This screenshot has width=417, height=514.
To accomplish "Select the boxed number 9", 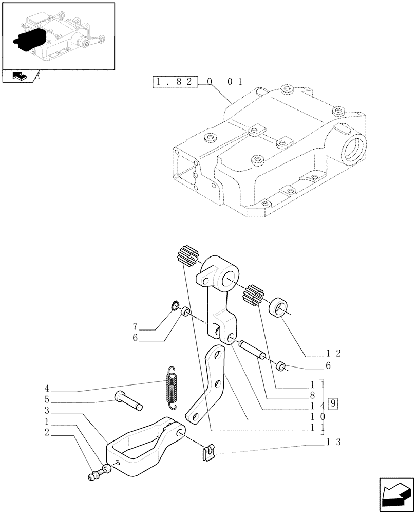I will tap(333, 403).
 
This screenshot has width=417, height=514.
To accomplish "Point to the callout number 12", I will tap(333, 354).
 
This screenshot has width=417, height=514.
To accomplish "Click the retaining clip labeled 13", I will tap(207, 454).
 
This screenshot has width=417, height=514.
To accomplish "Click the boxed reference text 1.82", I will tap(175, 82).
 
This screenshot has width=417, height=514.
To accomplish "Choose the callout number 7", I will tap(135, 327).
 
